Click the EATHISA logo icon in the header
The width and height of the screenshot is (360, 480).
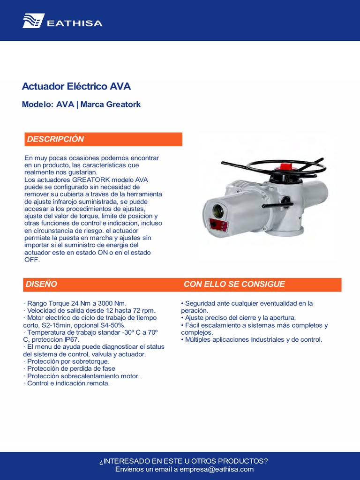[x=33, y=21]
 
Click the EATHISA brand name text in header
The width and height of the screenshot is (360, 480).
[x=74, y=23]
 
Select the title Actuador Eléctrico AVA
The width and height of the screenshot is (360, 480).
[x=76, y=87]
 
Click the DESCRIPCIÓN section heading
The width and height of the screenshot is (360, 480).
[x=55, y=139]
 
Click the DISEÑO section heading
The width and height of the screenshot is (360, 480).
[x=41, y=284]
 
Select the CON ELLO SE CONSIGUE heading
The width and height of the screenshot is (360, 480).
[x=234, y=284]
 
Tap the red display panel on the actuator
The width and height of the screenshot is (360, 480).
[x=219, y=226]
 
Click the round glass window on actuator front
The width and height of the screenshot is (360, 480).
[x=218, y=211]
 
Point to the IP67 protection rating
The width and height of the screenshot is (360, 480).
[x=71, y=339]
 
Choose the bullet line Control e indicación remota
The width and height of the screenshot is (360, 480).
[x=68, y=383]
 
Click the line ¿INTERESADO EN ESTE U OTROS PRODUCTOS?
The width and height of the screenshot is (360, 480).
[x=184, y=461]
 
